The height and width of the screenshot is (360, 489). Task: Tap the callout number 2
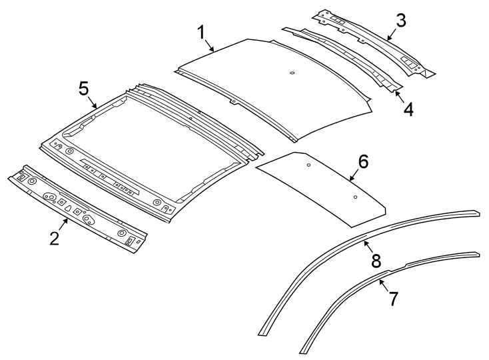55,238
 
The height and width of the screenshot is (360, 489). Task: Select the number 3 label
400,20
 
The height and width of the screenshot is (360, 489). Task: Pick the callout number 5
84,89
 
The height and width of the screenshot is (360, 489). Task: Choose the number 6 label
363,161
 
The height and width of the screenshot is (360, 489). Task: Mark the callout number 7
393,299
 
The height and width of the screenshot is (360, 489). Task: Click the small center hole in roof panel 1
293,73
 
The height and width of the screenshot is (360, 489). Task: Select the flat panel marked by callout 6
320,190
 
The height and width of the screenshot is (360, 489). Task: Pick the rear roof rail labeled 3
373,40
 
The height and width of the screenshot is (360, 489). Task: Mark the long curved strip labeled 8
313,267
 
